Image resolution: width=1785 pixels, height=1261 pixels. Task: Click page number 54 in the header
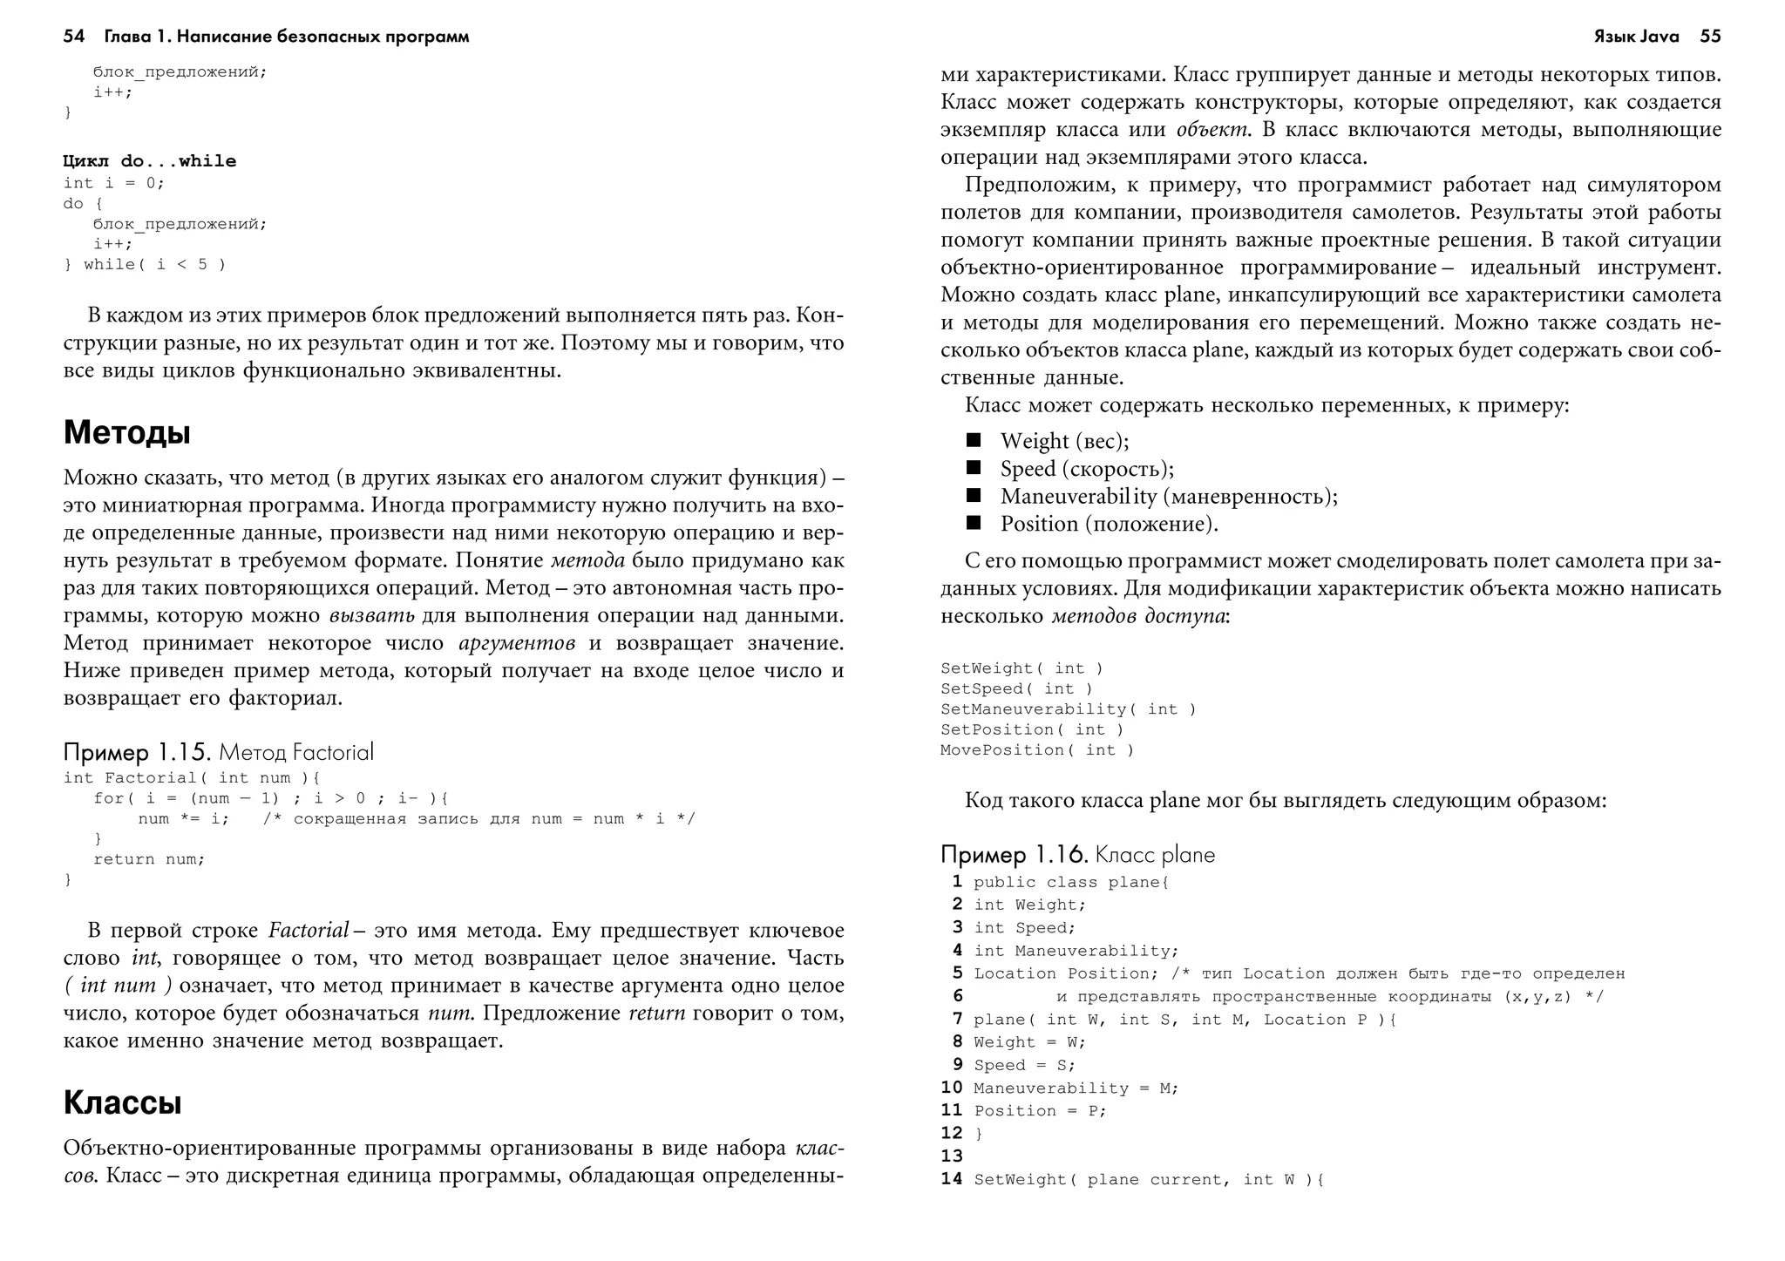(74, 37)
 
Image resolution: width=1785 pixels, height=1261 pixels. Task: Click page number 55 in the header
(1710, 37)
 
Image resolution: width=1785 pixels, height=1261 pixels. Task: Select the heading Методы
(127, 433)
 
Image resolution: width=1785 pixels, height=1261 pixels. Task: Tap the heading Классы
(123, 1103)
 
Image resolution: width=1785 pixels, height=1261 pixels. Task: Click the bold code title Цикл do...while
(150, 161)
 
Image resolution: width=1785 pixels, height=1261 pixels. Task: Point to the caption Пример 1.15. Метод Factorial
(219, 752)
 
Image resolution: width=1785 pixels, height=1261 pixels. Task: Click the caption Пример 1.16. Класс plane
(1077, 855)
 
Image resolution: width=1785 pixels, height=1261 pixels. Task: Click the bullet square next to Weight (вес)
(974, 440)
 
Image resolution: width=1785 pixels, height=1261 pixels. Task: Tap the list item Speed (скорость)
(1087, 469)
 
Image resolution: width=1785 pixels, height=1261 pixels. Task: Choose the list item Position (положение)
(1109, 524)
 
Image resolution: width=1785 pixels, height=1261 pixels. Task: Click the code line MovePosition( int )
(1037, 750)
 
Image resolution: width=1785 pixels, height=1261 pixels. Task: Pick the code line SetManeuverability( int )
(1068, 709)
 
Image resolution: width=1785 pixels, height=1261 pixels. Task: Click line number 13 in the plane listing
(952, 1156)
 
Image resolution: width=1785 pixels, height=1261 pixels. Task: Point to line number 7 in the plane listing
(957, 1019)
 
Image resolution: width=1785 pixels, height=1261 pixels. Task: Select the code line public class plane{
(1071, 883)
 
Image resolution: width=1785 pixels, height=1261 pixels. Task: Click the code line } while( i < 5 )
(145, 265)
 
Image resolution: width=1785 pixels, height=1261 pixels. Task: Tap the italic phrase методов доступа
(1138, 616)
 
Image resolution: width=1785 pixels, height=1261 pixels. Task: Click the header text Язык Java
(1636, 37)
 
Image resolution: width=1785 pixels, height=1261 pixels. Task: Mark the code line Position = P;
(1040, 1111)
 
